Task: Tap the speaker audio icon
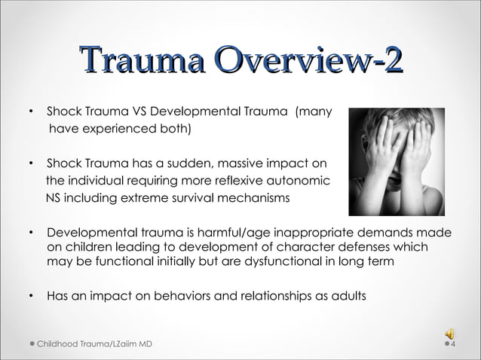click(x=450, y=334)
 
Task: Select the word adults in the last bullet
click(x=350, y=295)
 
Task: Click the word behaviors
click(x=178, y=295)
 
